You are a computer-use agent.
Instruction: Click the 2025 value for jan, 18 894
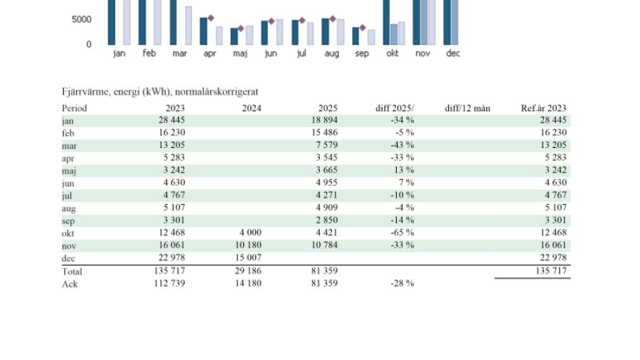(323, 120)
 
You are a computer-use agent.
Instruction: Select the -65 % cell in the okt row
(402, 233)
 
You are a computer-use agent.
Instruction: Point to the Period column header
(75, 108)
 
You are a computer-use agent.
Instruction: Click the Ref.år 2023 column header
(544, 108)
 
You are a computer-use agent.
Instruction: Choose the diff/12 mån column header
(467, 108)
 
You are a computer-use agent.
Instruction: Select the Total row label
(72, 271)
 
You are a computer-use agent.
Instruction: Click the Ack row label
(70, 283)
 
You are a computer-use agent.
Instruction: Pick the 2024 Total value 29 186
(247, 271)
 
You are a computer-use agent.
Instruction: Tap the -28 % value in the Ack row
(402, 283)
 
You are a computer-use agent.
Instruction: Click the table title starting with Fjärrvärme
(160, 91)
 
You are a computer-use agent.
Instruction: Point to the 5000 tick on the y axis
(81, 19)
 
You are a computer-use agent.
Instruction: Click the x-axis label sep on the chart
(362, 53)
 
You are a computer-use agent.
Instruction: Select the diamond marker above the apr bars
(211, 18)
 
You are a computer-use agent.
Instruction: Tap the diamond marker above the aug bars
(332, 18)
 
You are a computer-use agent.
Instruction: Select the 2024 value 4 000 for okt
(249, 233)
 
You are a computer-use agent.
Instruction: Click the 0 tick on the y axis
(88, 44)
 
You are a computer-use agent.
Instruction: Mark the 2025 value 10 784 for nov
(323, 245)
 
